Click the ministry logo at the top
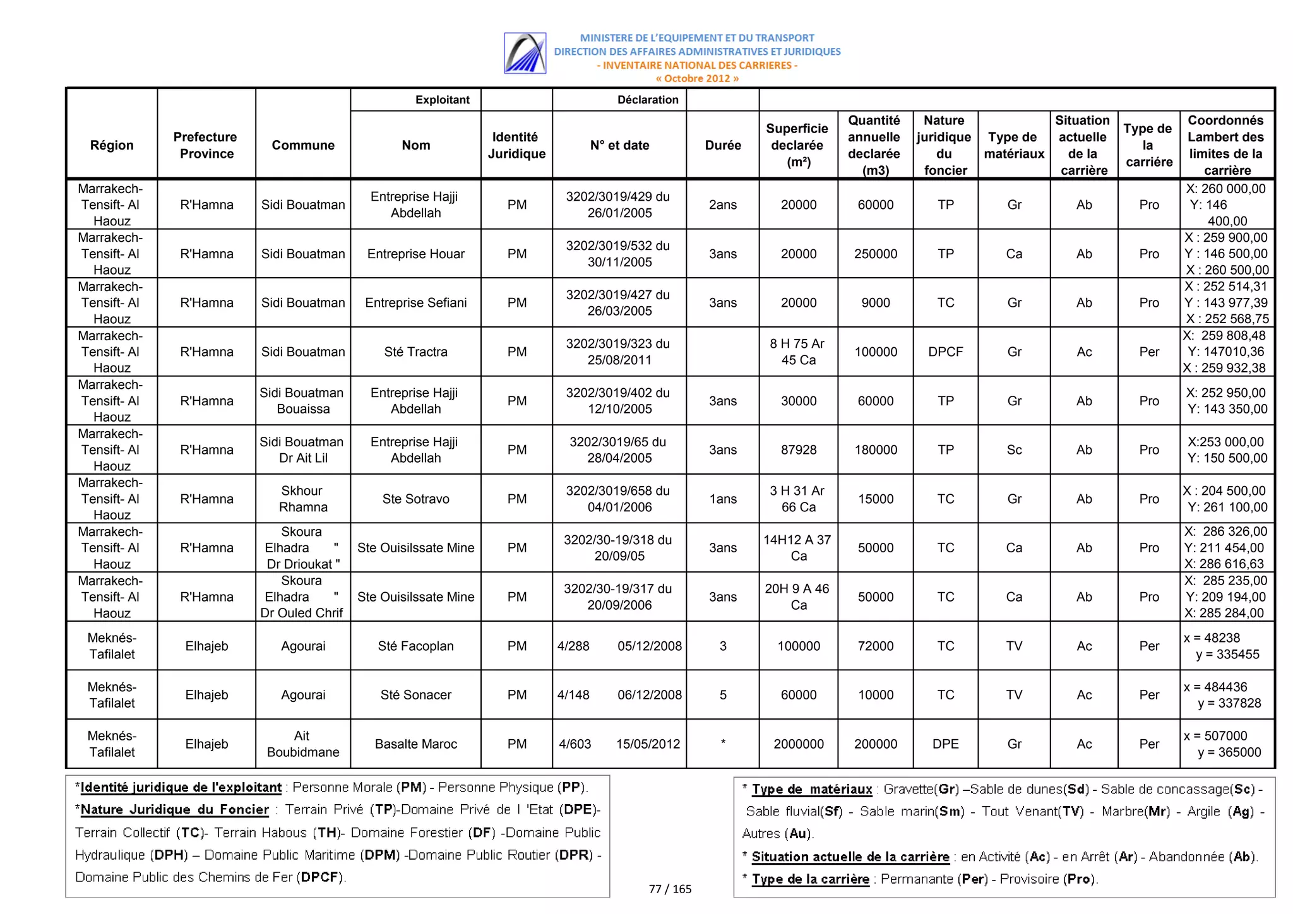(525, 53)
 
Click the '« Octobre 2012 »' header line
(696, 79)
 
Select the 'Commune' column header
(303, 145)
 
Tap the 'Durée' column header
(723, 145)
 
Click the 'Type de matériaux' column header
(1014, 145)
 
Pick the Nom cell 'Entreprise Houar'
(415, 254)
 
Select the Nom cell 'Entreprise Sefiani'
(415, 303)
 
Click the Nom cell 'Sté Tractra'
(415, 352)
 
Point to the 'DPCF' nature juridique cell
(945, 352)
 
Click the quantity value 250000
(875, 254)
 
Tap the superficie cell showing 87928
(798, 450)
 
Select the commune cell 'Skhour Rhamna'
(303, 499)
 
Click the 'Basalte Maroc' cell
(415, 744)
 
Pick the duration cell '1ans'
(723, 499)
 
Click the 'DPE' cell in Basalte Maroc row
(945, 744)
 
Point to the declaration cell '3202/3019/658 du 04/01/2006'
(619, 499)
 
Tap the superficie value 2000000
(798, 744)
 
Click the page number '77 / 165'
(670, 889)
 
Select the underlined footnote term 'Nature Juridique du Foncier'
(174, 810)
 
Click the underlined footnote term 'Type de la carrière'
(810, 879)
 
